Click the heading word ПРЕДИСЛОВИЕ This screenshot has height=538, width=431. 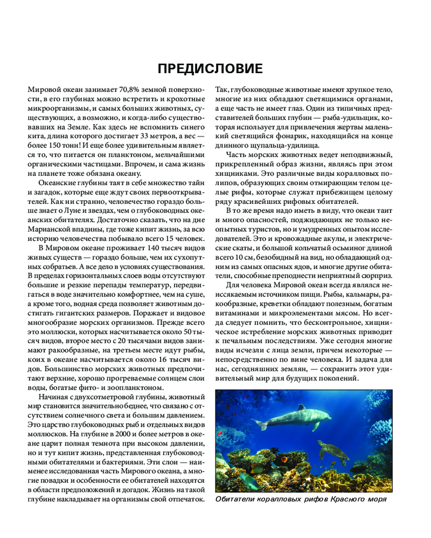point(210,69)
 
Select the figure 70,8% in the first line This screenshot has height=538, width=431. point(124,90)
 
